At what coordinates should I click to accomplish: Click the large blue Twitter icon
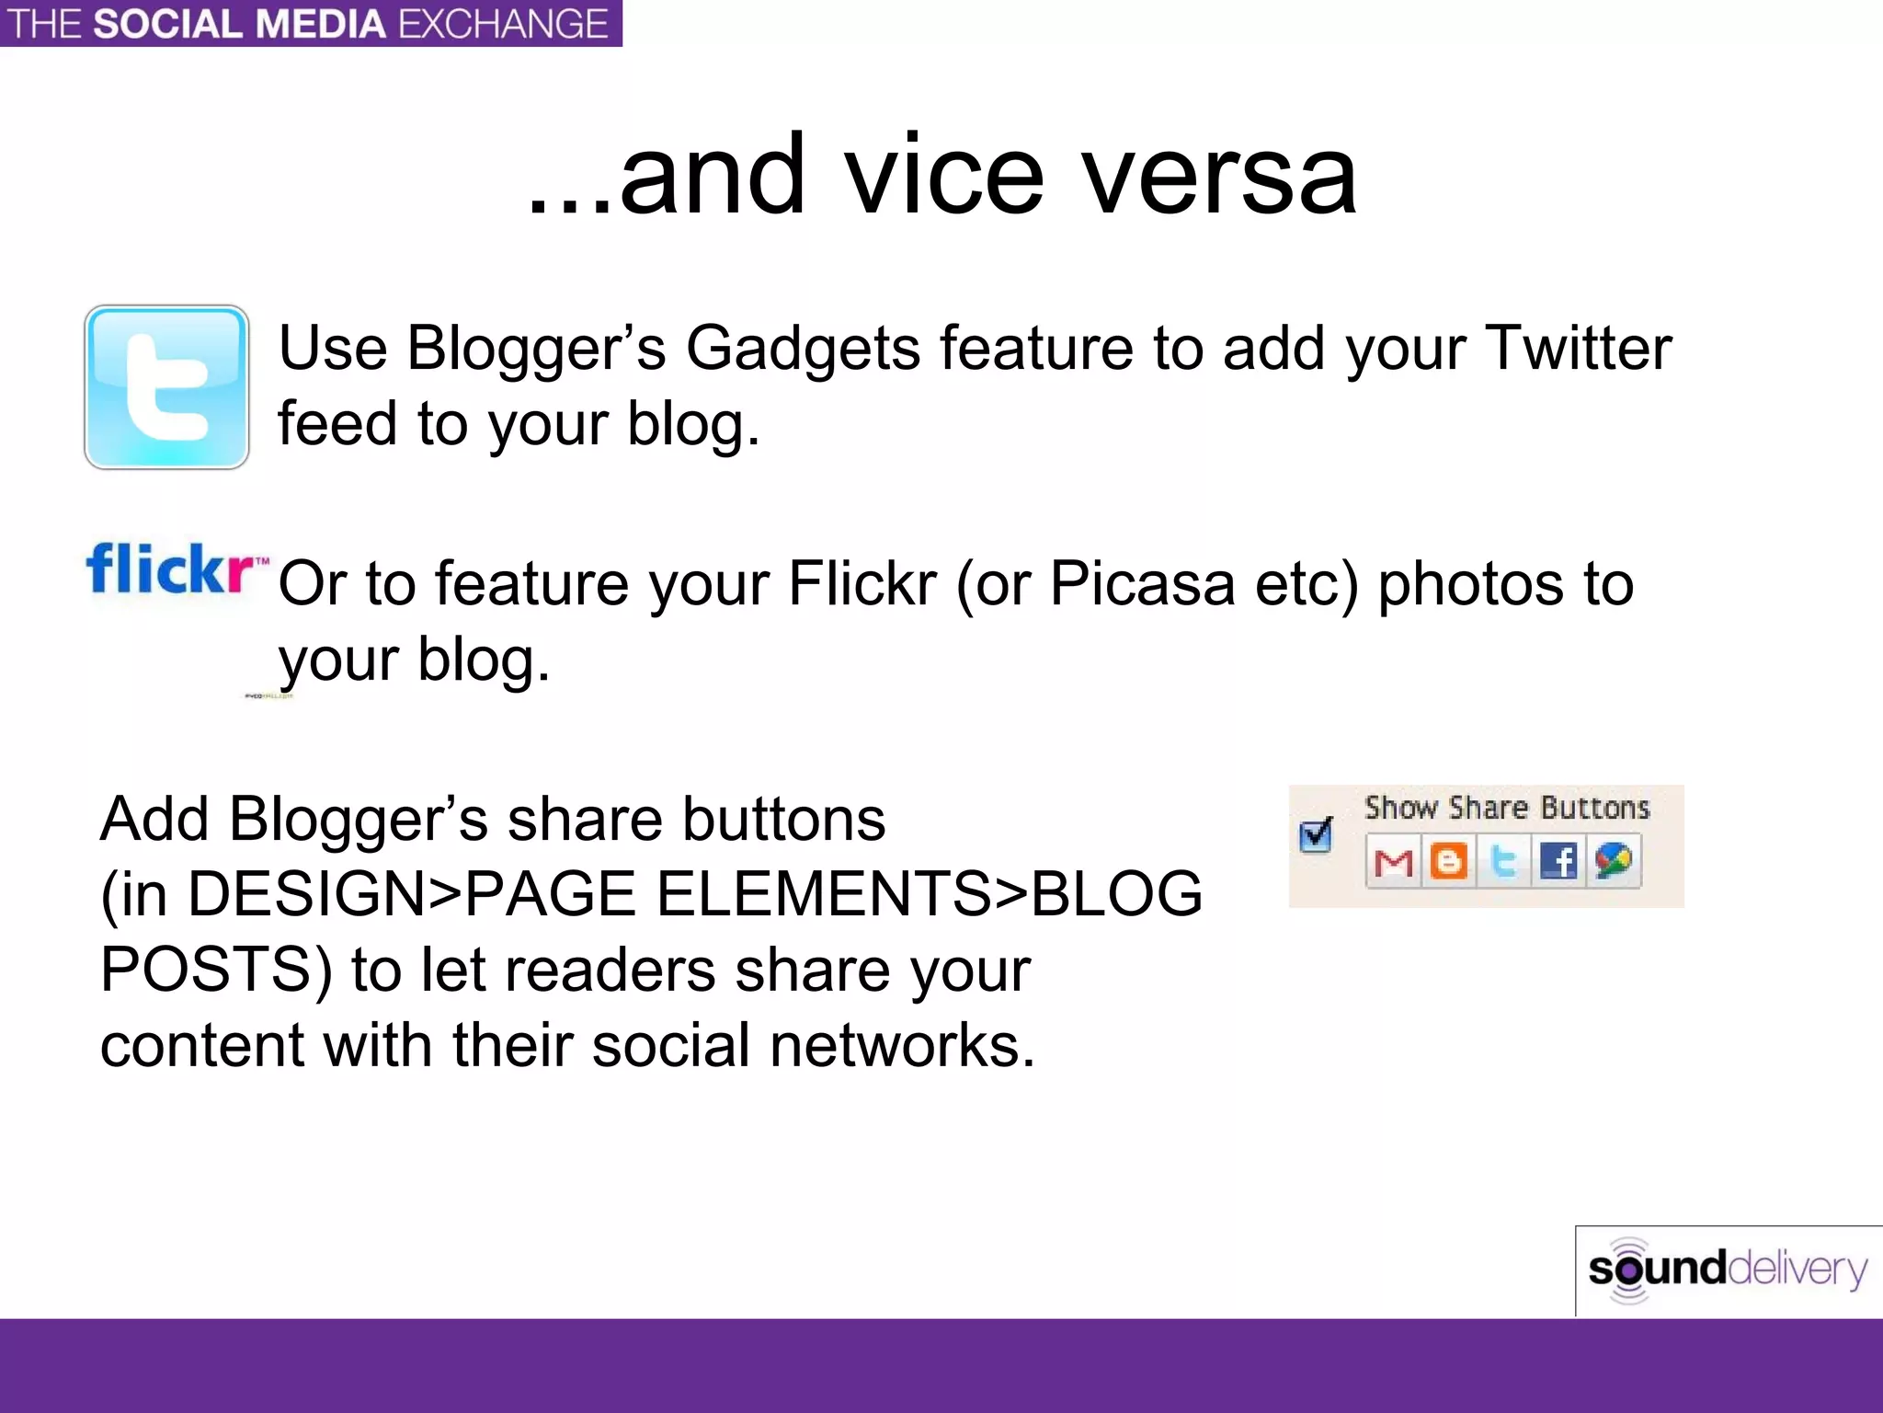pyautogui.click(x=166, y=387)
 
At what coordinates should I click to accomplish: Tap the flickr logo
pyautogui.click(x=175, y=569)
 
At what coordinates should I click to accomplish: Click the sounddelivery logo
pyautogui.click(x=1728, y=1269)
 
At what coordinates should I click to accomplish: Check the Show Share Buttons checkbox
pyautogui.click(x=1316, y=834)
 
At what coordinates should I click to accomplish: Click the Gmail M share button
pyautogui.click(x=1393, y=862)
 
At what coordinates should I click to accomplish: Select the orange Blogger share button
pyautogui.click(x=1448, y=862)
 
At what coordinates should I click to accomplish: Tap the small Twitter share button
pyautogui.click(x=1503, y=862)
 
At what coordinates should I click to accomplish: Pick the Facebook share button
pyautogui.click(x=1558, y=862)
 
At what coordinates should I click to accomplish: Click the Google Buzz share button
pyautogui.click(x=1614, y=862)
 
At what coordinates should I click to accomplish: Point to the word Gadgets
pyautogui.click(x=803, y=349)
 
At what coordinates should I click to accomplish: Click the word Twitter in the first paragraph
pyautogui.click(x=1578, y=349)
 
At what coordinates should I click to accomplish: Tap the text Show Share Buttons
pyautogui.click(x=1507, y=808)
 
